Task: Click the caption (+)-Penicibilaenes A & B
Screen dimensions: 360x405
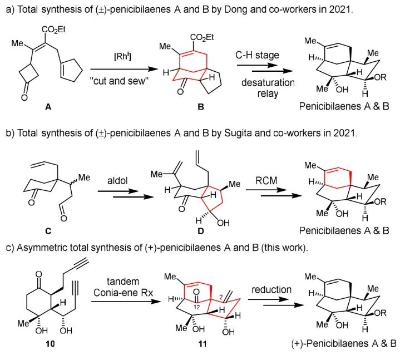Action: tap(339, 343)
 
